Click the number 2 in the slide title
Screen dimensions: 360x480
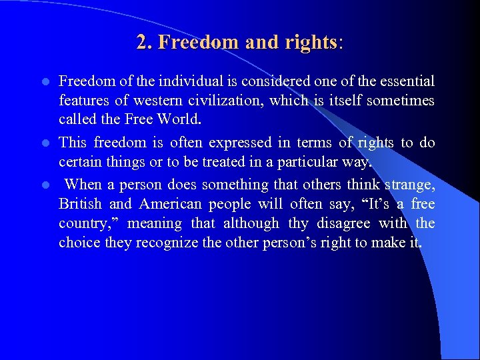click(x=141, y=43)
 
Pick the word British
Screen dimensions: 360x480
click(x=79, y=204)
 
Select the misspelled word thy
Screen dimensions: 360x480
click(x=298, y=224)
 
